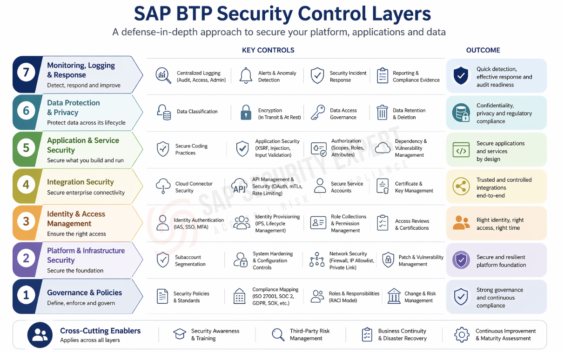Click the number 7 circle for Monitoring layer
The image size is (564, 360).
[x=26, y=72]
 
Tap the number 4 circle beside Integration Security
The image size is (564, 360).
[x=26, y=185]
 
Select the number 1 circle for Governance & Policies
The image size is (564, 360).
[x=26, y=295]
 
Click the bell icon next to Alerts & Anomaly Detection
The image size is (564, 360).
[x=246, y=75]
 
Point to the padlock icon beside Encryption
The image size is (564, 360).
[x=246, y=112]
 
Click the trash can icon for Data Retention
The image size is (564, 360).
[x=382, y=113]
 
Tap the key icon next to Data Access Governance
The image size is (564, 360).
[x=318, y=112]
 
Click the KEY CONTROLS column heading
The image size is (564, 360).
[x=268, y=50]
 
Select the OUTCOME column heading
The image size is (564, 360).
[x=483, y=50]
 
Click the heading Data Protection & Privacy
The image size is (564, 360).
[x=74, y=107]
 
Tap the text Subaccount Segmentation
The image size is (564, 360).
[x=190, y=260]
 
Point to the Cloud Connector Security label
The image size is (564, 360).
[x=194, y=187]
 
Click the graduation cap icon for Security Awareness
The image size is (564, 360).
[x=180, y=334]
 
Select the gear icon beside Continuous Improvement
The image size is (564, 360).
[x=462, y=334]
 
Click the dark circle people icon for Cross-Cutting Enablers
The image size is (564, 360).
[x=40, y=335]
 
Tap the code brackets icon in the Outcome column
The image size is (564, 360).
[x=461, y=150]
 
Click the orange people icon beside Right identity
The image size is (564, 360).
[x=461, y=222]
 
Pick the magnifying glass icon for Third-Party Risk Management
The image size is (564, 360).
[x=278, y=334]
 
